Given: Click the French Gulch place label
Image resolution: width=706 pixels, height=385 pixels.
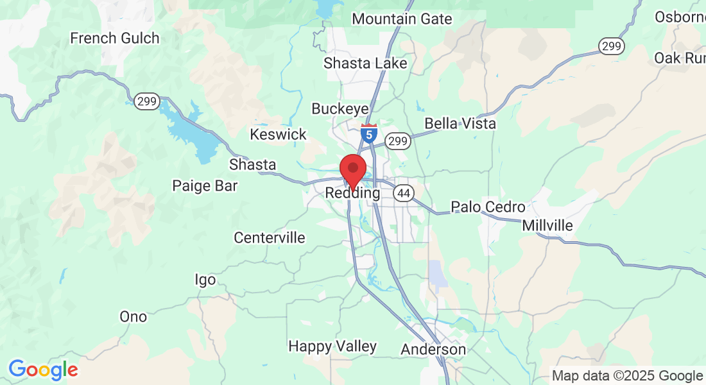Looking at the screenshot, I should pyautogui.click(x=115, y=38).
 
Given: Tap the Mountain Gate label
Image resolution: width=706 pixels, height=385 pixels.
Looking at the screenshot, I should pyautogui.click(x=402, y=19).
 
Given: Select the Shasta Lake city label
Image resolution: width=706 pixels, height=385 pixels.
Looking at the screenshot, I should pyautogui.click(x=365, y=64).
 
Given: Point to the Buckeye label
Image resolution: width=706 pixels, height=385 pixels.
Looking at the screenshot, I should pyautogui.click(x=340, y=109).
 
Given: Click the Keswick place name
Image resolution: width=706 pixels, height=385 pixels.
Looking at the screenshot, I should pyautogui.click(x=279, y=135).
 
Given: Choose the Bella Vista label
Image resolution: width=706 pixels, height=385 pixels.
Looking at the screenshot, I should pyautogui.click(x=460, y=123).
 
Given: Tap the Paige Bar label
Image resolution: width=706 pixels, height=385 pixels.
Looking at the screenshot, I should pyautogui.click(x=205, y=186).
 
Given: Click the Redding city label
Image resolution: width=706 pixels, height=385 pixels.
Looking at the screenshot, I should pyautogui.click(x=352, y=193).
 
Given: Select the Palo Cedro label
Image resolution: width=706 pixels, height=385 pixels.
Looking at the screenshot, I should pyautogui.click(x=488, y=207).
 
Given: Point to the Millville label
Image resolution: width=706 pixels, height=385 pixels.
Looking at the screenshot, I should pyautogui.click(x=547, y=226).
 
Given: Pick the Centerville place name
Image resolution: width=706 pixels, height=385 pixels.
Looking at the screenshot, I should pyautogui.click(x=270, y=238).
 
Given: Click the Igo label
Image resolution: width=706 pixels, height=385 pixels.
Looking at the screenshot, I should pyautogui.click(x=205, y=280).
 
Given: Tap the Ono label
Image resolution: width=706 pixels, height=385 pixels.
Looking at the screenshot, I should pyautogui.click(x=133, y=317).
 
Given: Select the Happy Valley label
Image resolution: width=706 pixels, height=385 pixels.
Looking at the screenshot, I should pyautogui.click(x=332, y=346).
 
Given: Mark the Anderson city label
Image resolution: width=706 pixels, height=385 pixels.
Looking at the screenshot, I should pyautogui.click(x=433, y=350).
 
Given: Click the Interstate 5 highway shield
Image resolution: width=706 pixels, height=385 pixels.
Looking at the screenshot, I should pyautogui.click(x=369, y=133).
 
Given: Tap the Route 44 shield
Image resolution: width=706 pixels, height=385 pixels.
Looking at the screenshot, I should pyautogui.click(x=403, y=193).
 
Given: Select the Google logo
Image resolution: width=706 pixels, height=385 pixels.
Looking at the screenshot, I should pyautogui.click(x=43, y=370).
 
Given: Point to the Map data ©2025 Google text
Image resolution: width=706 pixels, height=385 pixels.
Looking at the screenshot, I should pyautogui.click(x=627, y=376).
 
